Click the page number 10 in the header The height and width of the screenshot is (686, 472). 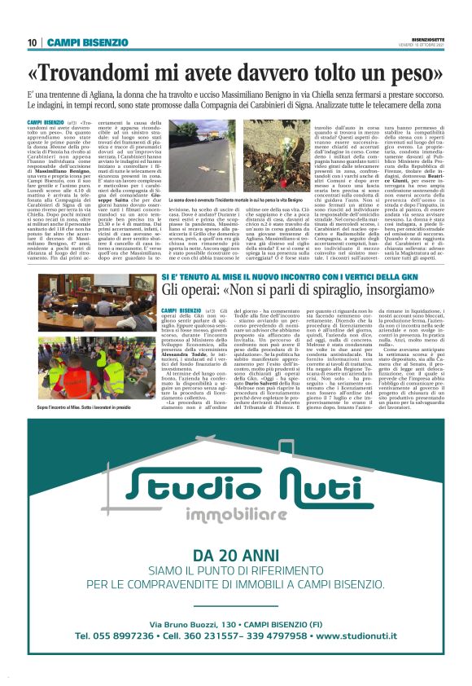[32, 42]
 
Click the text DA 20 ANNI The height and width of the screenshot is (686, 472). [235, 556]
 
